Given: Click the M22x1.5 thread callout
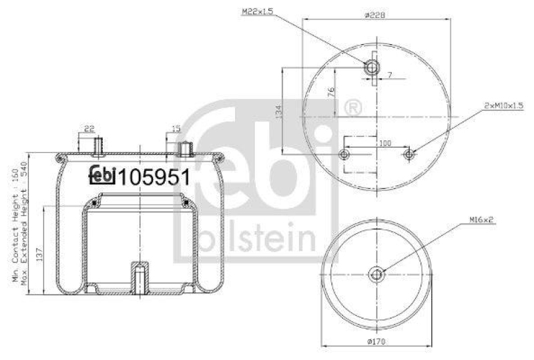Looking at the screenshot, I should point(257,11).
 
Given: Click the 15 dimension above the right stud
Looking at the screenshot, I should point(176,129).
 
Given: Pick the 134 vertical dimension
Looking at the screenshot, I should point(278,110).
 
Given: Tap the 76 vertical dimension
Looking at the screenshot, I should point(331,93).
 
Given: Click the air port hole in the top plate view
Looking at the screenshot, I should point(371,67).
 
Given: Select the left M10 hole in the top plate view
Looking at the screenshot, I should point(344,155).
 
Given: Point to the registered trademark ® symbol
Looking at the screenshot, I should point(352,107).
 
